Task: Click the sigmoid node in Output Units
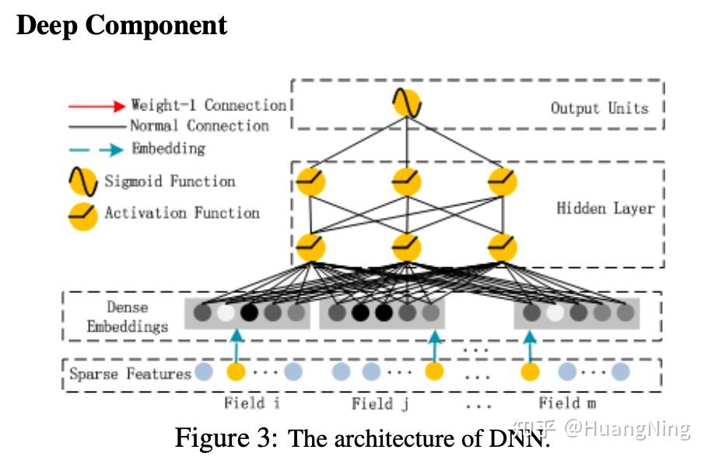coord(407,103)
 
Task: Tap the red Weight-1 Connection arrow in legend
coord(96,106)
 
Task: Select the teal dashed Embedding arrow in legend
coord(96,150)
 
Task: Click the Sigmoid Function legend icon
coord(83,182)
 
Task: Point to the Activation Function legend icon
coord(83,217)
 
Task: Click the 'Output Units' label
coord(599,108)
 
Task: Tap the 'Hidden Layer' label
coord(605,208)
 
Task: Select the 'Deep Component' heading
coord(121,26)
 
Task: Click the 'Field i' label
coord(251,402)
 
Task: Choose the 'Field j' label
coord(380,403)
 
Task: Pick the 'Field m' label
coord(567,402)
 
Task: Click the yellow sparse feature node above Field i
coord(236,371)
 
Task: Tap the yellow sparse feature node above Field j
coord(434,371)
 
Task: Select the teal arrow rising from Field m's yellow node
coord(530,347)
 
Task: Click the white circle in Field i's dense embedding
coord(226,312)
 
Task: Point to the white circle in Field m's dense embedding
coord(555,312)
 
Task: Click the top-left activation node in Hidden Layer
coord(310,182)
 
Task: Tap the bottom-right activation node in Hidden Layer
coord(503,248)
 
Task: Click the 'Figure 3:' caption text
coord(226,438)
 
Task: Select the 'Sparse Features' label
coord(131,374)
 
